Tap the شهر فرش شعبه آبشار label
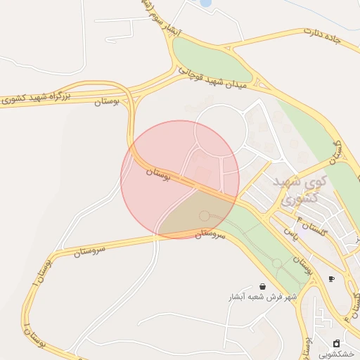coord(262,297)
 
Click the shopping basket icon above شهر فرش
coord(262,286)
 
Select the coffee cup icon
coord(331,278)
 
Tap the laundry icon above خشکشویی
coord(336,343)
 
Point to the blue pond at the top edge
coord(206,3)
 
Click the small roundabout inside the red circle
coord(205,216)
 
